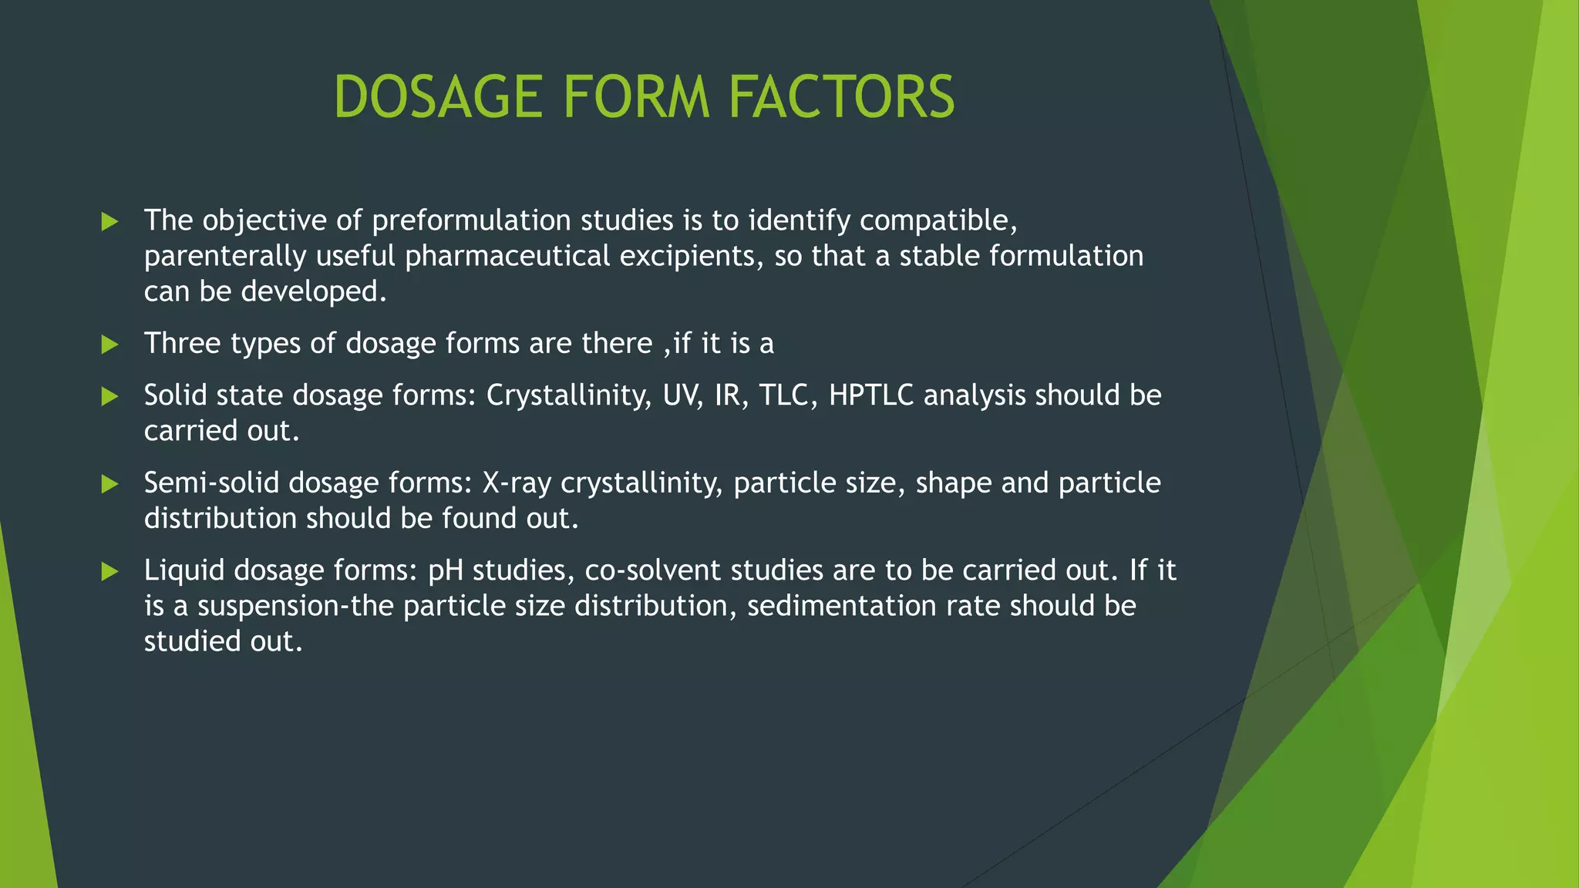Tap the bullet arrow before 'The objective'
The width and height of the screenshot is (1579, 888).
point(110,222)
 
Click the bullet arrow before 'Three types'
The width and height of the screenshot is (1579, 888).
point(110,345)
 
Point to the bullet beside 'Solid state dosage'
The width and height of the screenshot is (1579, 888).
point(110,396)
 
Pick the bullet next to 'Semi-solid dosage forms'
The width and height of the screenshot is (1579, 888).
point(110,484)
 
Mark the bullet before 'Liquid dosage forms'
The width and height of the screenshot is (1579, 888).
point(110,571)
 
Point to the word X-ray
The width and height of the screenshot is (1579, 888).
point(517,483)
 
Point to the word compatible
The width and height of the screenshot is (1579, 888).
point(938,221)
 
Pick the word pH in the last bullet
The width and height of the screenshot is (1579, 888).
point(445,571)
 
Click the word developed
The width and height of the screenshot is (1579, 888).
point(313,291)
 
